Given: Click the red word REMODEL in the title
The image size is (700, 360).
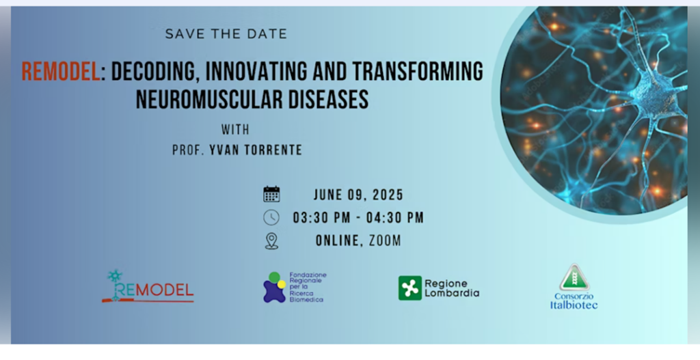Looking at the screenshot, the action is [x=61, y=72].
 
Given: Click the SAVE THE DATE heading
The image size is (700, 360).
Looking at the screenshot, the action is [x=226, y=34].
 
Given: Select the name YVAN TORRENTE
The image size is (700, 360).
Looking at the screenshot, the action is [x=256, y=150].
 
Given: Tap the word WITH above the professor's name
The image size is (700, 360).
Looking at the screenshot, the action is [x=235, y=130].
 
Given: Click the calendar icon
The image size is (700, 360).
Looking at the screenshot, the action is [x=271, y=195].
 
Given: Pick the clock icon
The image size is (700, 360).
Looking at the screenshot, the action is [x=271, y=218].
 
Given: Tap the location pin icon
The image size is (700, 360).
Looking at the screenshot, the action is [x=271, y=241].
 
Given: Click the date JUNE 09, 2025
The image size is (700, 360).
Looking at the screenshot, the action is [x=358, y=195].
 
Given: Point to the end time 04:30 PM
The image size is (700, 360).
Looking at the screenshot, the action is [x=395, y=218].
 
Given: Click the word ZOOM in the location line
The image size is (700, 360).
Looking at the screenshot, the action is [x=385, y=241].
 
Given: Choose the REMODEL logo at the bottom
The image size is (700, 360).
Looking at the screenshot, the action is [x=148, y=286].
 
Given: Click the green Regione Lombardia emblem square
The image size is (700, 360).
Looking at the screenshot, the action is [x=410, y=288].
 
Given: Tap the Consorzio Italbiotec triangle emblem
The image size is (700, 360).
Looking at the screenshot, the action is [x=574, y=277].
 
